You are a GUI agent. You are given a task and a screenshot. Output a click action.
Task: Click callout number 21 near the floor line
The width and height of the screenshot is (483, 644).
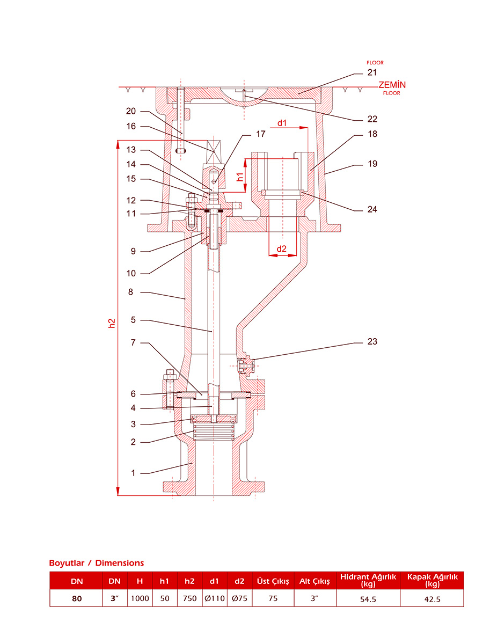click(x=372, y=72)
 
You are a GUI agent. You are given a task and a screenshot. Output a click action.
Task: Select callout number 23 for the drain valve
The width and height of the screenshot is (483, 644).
click(x=372, y=341)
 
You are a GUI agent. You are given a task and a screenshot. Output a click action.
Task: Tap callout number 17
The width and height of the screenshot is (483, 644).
click(x=260, y=134)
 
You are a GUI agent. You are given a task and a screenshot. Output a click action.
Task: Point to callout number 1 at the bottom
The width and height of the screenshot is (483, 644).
click(x=133, y=473)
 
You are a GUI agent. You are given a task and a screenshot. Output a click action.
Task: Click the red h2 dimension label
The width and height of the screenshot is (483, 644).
click(x=112, y=323)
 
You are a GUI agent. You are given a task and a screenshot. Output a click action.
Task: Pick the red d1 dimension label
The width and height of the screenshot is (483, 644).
click(x=282, y=123)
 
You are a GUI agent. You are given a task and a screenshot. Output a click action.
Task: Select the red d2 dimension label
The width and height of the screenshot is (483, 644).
click(x=281, y=249)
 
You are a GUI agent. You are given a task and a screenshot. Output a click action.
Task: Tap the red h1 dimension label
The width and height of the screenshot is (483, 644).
click(x=240, y=177)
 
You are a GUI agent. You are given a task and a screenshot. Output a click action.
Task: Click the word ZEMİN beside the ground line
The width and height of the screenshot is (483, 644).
click(x=392, y=85)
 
